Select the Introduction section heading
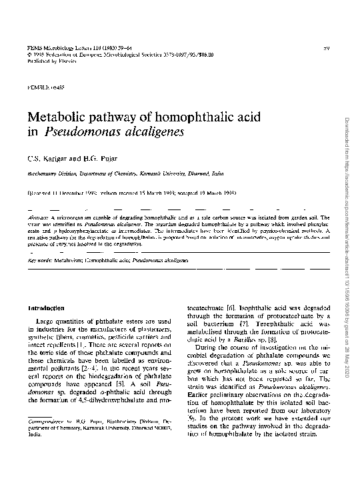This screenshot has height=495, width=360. point(46,308)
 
